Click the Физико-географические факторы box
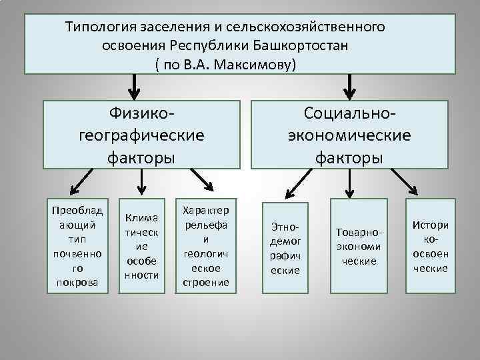141,134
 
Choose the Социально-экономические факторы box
349,134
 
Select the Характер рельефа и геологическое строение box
205,245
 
